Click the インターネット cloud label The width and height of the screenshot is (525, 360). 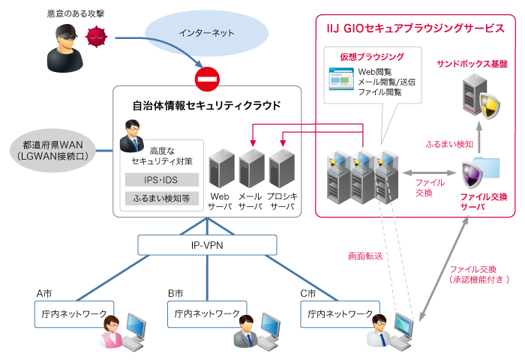[x=206, y=33]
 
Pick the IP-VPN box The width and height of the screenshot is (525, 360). [x=207, y=244]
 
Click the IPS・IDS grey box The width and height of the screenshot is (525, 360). [x=161, y=180]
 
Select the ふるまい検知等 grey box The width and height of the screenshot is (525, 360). [x=161, y=199]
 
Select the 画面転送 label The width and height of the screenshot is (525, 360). [x=365, y=256]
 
